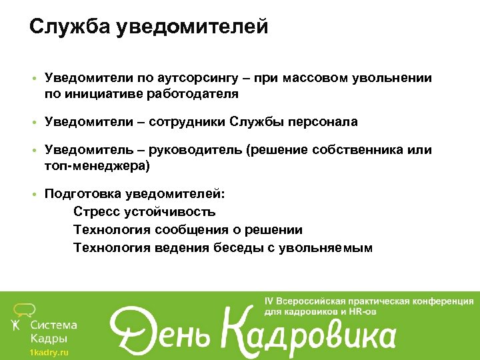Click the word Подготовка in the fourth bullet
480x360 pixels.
click(81, 194)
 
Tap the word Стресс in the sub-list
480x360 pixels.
click(95, 212)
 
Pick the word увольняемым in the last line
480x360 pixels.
click(326, 248)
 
